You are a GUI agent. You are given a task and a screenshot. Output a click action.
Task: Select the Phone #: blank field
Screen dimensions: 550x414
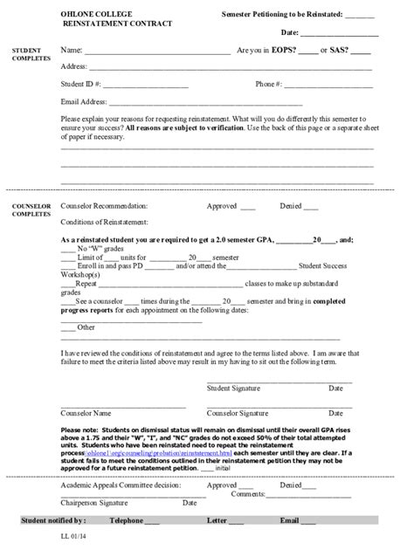[328, 86]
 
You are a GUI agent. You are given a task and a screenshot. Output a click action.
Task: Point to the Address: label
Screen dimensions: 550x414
[73, 67]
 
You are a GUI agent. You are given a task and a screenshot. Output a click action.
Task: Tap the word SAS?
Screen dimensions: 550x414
[339, 51]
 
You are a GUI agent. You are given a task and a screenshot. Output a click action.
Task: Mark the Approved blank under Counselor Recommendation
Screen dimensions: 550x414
[247, 209]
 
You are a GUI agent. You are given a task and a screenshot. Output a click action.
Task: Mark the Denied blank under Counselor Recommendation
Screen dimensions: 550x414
[313, 209]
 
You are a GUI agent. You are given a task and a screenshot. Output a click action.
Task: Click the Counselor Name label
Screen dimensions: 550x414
[86, 413]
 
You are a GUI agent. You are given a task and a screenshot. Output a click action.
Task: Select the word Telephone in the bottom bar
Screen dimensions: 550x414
[125, 521]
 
